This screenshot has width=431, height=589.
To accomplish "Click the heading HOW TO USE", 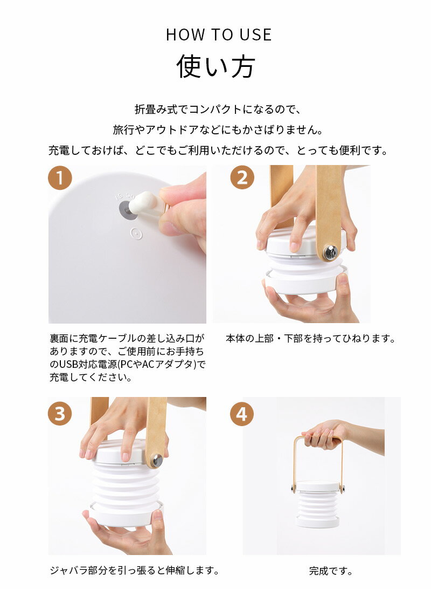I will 219,35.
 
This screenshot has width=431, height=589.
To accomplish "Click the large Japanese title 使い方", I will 215,66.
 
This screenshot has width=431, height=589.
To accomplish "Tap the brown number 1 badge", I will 60,178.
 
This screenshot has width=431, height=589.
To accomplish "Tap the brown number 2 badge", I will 242,178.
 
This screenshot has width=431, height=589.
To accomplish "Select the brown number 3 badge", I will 60,414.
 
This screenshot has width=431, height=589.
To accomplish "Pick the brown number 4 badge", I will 242,414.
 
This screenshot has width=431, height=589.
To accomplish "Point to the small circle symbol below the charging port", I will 136,234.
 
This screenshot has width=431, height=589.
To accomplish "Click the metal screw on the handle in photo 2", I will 330,251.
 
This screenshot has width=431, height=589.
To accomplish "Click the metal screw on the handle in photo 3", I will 157,460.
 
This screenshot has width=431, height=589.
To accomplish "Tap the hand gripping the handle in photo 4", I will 322,434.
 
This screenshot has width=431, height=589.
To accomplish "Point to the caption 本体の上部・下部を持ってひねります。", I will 311,339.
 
